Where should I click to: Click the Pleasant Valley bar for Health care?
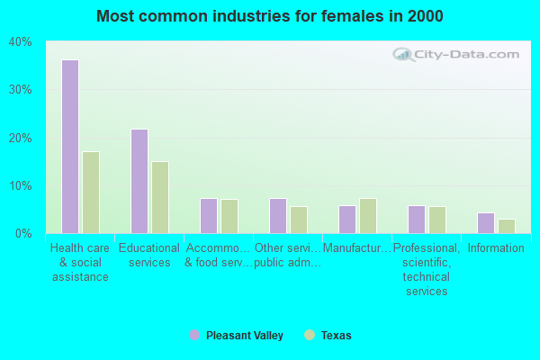pos(69,147)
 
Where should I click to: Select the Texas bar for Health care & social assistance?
pos(91,193)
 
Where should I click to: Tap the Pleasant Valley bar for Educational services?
pos(139,181)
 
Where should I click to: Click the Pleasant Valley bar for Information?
pos(486,223)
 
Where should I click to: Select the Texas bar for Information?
pos(507,226)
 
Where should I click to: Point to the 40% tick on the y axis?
pos(20,41)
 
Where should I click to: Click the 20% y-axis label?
pos(20,138)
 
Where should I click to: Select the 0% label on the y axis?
pos(23,234)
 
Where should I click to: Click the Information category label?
pos(496,248)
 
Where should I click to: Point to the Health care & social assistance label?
pos(80,262)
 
